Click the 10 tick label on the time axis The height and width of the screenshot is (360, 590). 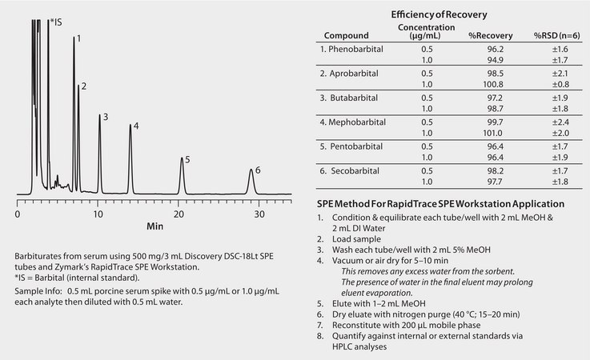point(98,215)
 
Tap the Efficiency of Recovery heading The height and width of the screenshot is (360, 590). point(439,14)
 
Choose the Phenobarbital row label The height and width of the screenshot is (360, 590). point(351,50)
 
